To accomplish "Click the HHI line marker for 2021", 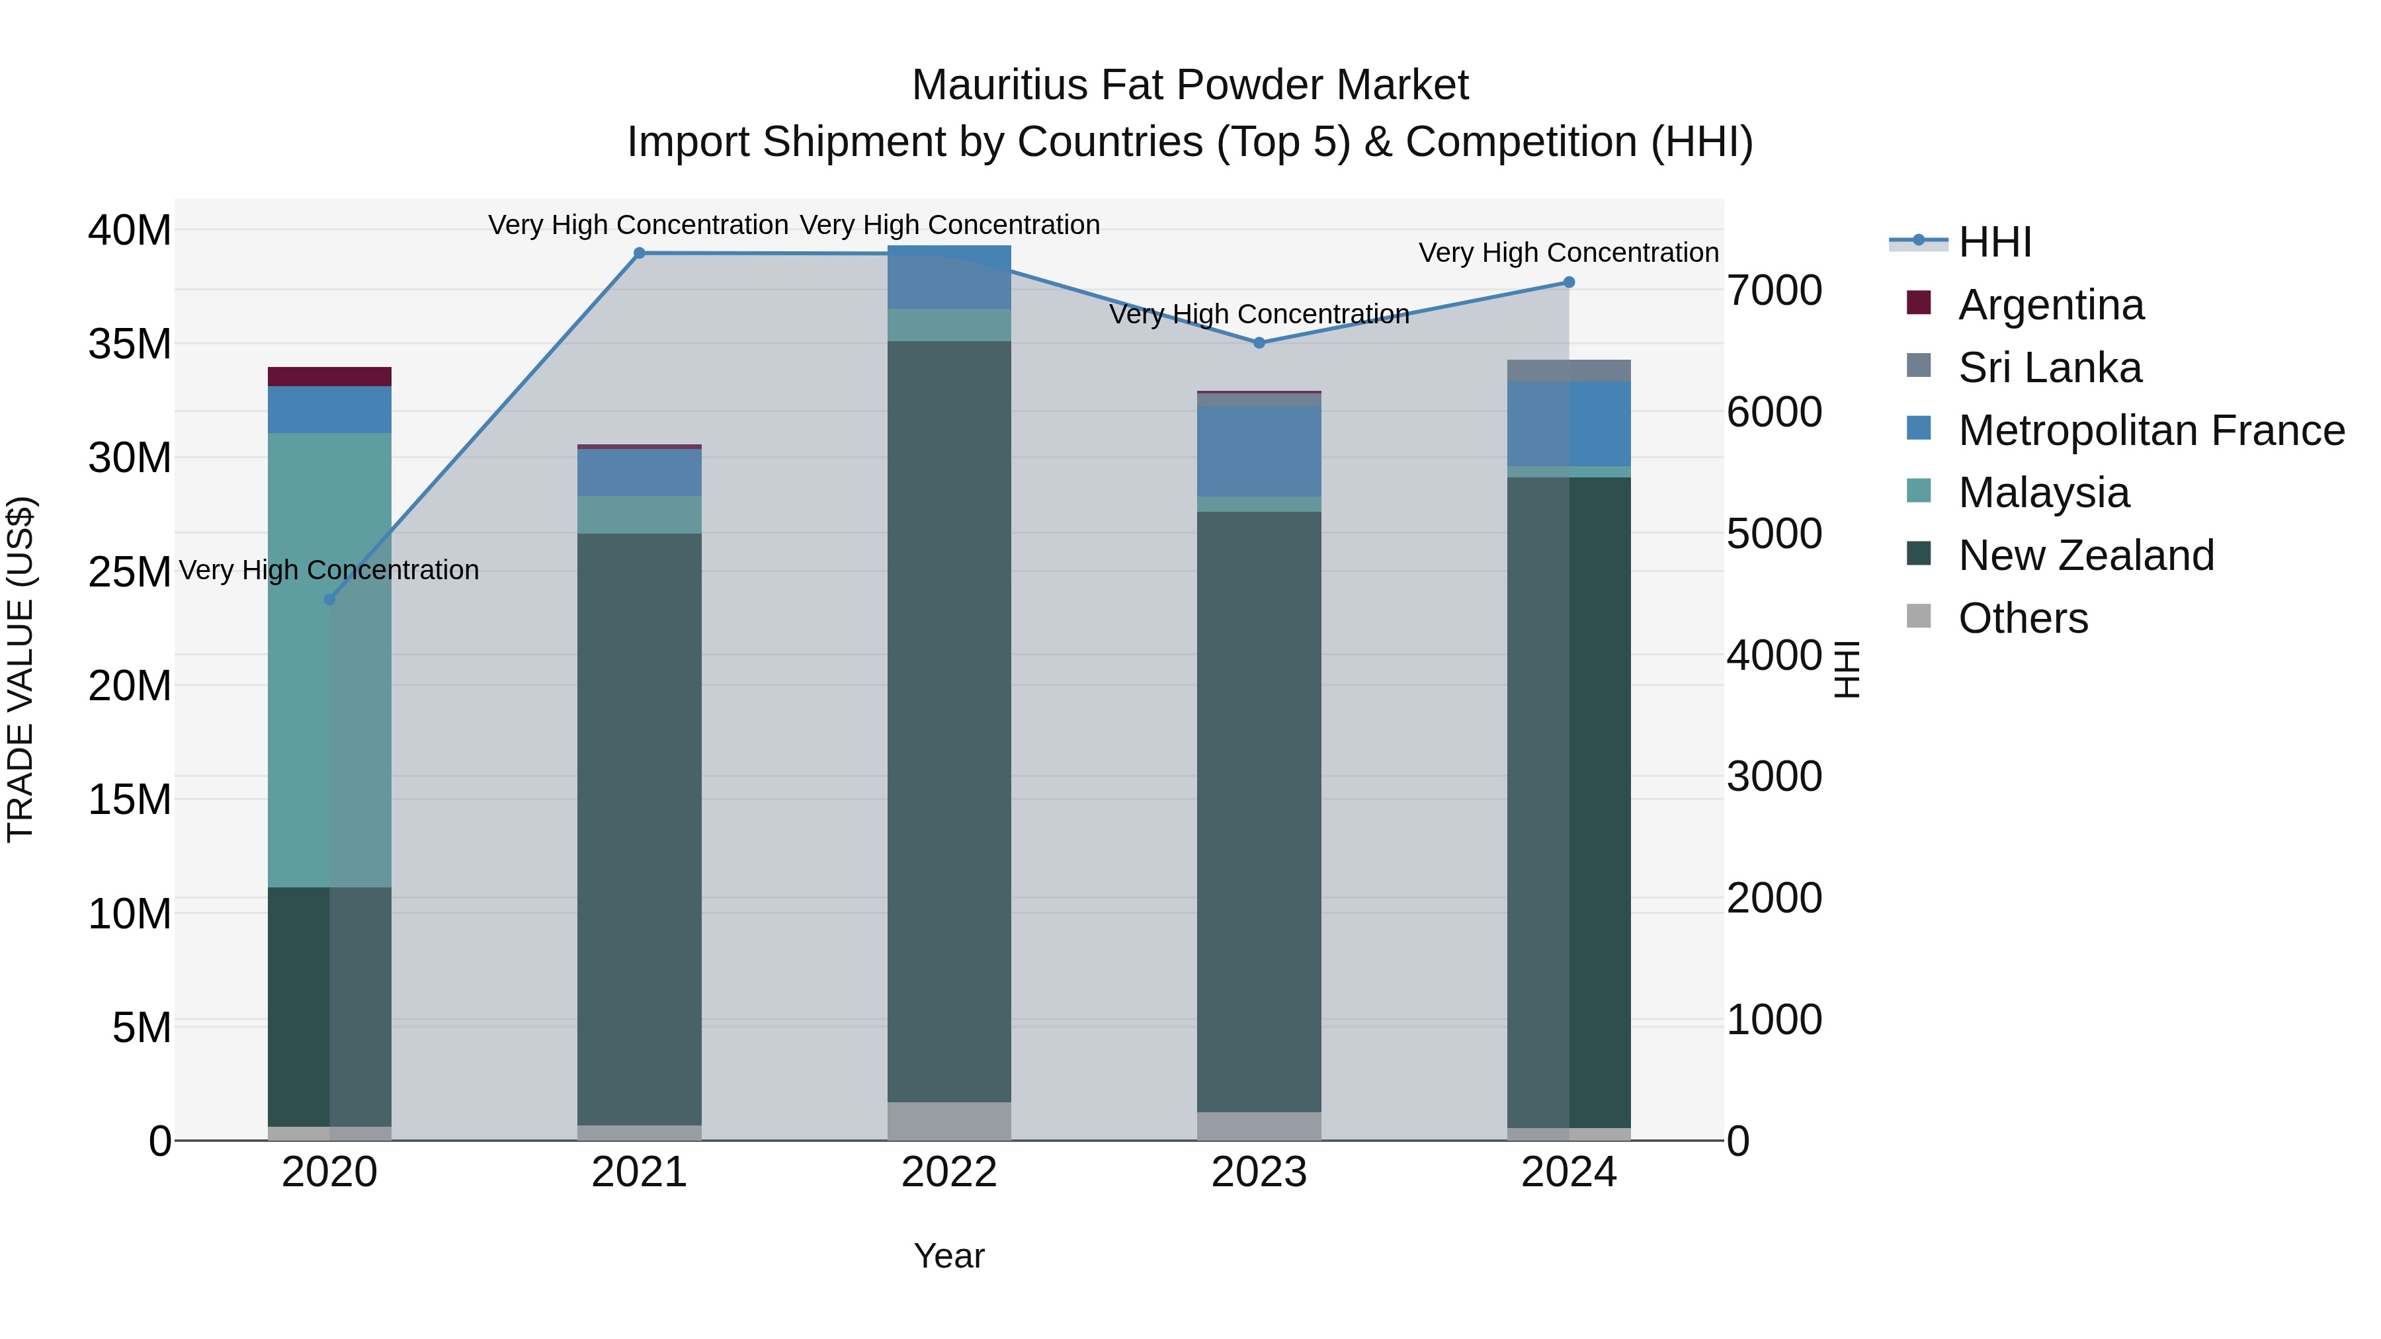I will pos(639,253).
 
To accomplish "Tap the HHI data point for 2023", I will pos(1259,343).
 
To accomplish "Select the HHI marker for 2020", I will pos(329,600).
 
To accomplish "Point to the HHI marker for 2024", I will pos(1569,283).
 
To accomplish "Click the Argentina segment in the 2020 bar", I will pos(329,377).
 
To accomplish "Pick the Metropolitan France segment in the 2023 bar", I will pos(1259,451).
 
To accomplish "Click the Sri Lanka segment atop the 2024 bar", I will pos(1569,370).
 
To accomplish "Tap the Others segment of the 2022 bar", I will pos(949,1121).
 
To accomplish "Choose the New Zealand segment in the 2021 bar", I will pos(639,829).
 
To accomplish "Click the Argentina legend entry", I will pos(2050,305).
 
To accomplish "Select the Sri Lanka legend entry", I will pos(2049,368).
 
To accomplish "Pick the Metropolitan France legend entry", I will pos(2151,430).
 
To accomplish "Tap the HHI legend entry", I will pos(1993,242).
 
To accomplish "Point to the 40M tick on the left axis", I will pos(130,230).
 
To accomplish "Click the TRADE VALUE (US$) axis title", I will pos(21,669).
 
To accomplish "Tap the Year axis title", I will pos(949,1256).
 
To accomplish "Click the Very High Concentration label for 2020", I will pos(329,570).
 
